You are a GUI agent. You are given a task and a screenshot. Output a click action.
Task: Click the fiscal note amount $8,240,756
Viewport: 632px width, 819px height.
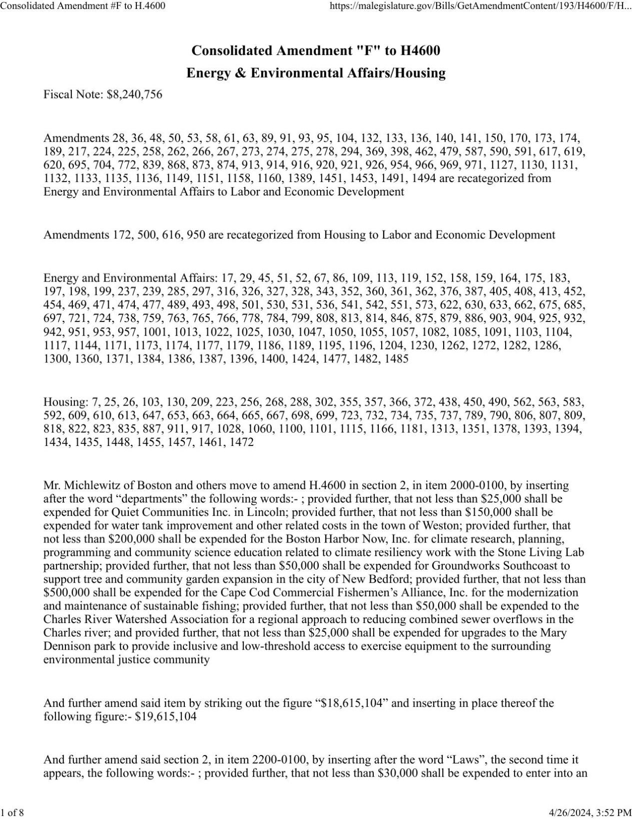pyautogui.click(x=134, y=94)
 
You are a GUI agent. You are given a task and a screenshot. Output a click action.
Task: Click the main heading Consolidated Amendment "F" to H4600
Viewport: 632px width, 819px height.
pyautogui.click(x=316, y=50)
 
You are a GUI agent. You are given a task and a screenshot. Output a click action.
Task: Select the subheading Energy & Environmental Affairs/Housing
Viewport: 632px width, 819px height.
pyautogui.click(x=316, y=73)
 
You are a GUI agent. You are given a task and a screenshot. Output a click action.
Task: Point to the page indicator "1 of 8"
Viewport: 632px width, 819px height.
pyautogui.click(x=12, y=812)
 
